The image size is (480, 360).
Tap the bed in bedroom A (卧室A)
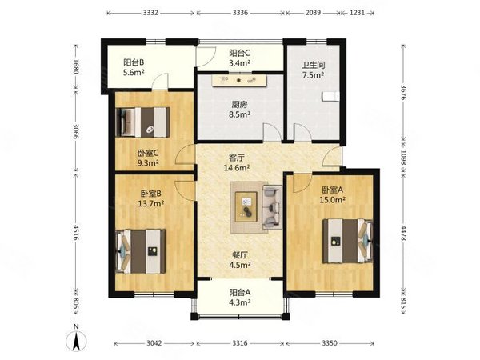(348, 241)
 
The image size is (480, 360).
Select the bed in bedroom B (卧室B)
(141, 251)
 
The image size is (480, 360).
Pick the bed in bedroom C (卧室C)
(142, 122)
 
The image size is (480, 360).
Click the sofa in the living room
(272, 207)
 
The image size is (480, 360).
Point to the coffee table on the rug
(246, 206)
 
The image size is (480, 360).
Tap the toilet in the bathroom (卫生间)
(330, 96)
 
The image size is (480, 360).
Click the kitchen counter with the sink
(240, 80)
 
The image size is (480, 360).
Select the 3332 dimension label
(150, 13)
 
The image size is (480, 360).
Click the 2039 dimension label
(313, 13)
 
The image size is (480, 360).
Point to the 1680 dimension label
(76, 66)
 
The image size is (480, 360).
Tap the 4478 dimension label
(403, 234)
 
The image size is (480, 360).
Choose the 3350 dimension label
(330, 343)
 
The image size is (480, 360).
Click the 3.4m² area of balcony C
(240, 63)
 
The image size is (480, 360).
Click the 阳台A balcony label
(240, 292)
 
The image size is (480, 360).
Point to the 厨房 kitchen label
(239, 105)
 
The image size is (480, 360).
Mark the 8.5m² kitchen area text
(240, 114)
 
